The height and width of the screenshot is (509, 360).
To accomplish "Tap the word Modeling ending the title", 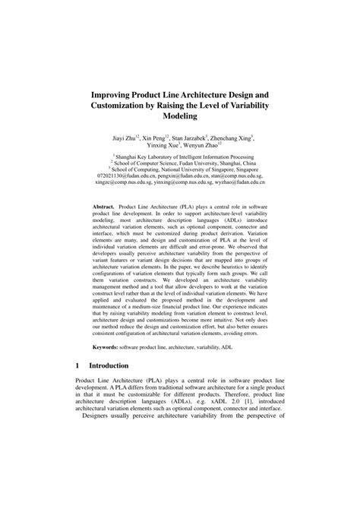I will click(x=180, y=117).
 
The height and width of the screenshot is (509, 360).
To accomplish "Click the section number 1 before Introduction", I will click(x=79, y=386).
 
